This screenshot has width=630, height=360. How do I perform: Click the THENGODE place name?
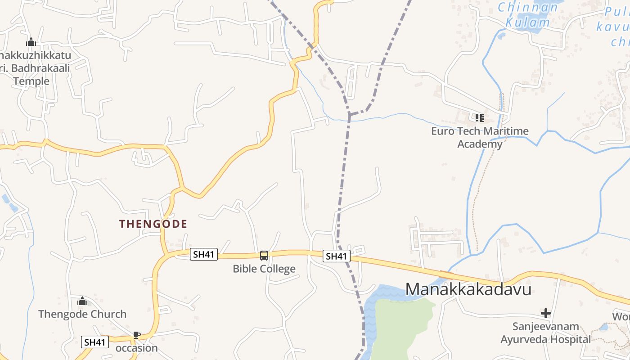pos(153,224)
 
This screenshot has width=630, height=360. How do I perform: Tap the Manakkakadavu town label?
pos(468,289)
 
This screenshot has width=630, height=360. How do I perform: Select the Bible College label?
pos(264,269)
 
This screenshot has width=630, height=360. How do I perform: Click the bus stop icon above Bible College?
pos(264,256)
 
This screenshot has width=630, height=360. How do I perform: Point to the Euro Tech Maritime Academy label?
pos(480,138)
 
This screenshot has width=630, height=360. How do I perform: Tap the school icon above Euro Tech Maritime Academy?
pos(479,118)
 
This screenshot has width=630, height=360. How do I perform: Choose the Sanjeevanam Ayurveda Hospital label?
pos(545,333)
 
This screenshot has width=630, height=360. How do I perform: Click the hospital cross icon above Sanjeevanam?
pos(546,313)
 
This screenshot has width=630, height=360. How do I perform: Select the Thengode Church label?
pos(82,314)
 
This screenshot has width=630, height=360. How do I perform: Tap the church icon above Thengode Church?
pos(82,301)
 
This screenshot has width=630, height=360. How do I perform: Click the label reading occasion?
pos(137,348)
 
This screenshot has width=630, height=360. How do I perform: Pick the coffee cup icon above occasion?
pos(137,335)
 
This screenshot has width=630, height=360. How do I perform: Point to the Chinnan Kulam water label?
pos(528,14)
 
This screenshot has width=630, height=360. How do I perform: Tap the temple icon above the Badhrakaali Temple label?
pos(31,42)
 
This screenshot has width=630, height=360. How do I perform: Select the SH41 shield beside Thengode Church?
pos(95,342)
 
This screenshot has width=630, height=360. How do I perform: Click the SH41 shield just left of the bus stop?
pos(204,254)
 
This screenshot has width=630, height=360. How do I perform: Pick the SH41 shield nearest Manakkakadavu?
pos(337,256)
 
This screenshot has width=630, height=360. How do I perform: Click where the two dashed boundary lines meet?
pos(349,115)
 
